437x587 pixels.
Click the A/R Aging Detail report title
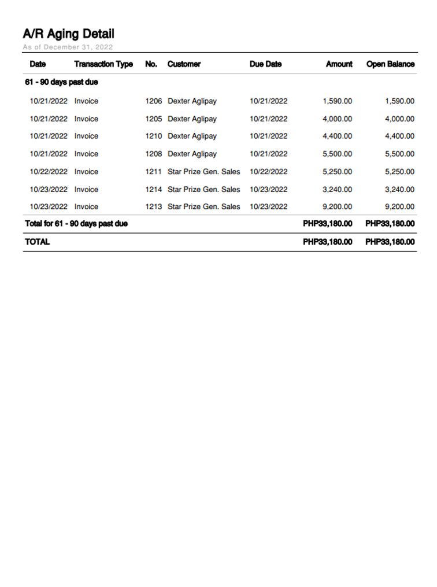click(x=68, y=34)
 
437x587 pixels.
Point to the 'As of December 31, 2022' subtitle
click(x=68, y=47)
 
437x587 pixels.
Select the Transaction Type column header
click(x=103, y=64)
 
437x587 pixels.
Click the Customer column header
click(x=184, y=64)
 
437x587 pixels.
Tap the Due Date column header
click(x=265, y=64)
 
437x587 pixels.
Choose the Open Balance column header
click(x=390, y=64)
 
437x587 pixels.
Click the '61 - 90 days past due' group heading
click(x=61, y=82)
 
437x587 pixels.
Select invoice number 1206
click(x=153, y=101)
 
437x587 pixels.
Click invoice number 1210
click(x=153, y=136)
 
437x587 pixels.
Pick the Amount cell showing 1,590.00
click(x=337, y=101)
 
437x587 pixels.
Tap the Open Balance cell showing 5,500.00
click(x=399, y=154)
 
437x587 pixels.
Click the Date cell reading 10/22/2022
click(x=49, y=172)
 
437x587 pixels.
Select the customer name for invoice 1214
click(x=203, y=190)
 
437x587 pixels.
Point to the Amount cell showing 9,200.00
click(x=337, y=207)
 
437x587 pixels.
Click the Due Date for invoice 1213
click(x=268, y=207)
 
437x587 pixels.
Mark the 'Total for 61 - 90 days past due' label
click(x=76, y=224)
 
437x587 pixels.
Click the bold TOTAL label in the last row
click(x=37, y=242)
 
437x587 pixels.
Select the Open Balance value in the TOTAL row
click(x=390, y=242)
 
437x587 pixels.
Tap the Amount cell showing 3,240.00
click(x=337, y=190)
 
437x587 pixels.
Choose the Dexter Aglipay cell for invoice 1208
click(x=192, y=154)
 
